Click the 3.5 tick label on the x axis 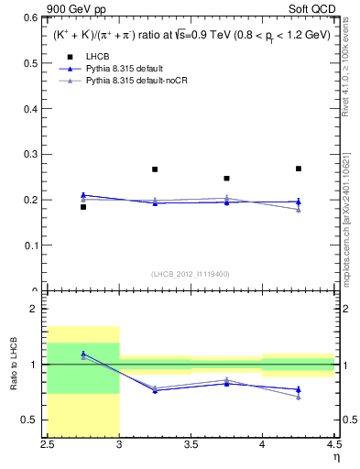[191, 448]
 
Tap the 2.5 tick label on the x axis [48, 448]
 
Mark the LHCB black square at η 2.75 [83, 207]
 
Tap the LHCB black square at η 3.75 [226, 179]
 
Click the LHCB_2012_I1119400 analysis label [191, 274]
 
